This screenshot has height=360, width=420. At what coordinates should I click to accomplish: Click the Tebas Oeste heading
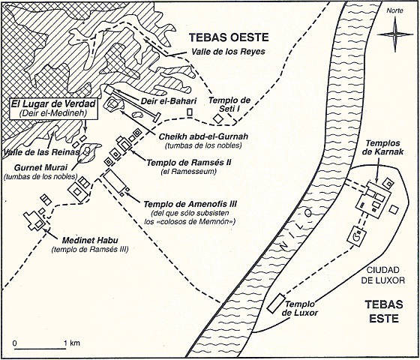pos(229,37)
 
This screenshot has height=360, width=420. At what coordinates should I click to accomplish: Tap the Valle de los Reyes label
pos(228,51)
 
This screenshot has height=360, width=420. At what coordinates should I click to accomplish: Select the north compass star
pos(395,34)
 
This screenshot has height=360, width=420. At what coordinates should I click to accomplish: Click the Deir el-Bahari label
pos(169,101)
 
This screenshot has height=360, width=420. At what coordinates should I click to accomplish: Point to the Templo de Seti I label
pos(229,104)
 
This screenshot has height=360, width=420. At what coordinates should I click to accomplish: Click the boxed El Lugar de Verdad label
pos(53,108)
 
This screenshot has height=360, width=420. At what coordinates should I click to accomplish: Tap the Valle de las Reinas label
pos(41,152)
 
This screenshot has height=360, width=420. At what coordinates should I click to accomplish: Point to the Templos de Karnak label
pos(383,147)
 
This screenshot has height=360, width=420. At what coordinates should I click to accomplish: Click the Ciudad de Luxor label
pos(382,275)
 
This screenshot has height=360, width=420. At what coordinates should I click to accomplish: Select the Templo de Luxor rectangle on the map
pos(276,303)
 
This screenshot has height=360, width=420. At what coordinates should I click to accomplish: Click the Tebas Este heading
pos(384,311)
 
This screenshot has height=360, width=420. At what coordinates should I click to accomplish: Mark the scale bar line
pos(40,349)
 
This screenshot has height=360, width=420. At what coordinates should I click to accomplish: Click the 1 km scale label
pos(72,343)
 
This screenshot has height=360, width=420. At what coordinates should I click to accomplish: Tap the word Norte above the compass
pos(394,10)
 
